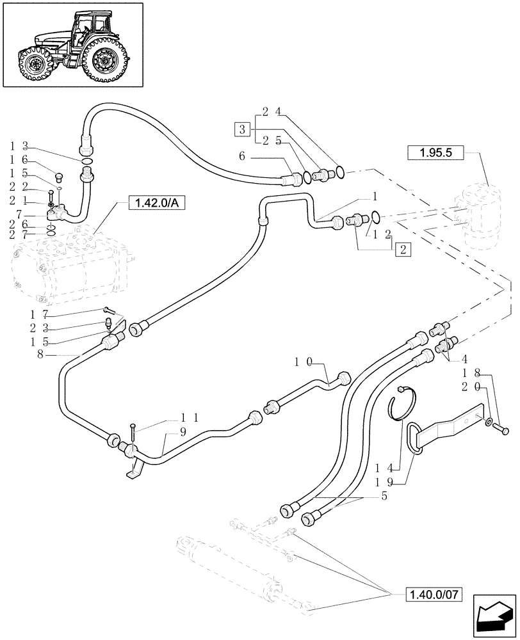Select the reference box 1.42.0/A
(x=155, y=204)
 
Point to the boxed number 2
(x=403, y=250)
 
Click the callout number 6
(x=243, y=156)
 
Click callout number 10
(x=303, y=362)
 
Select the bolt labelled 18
(x=503, y=431)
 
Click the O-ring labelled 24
(x=340, y=172)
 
